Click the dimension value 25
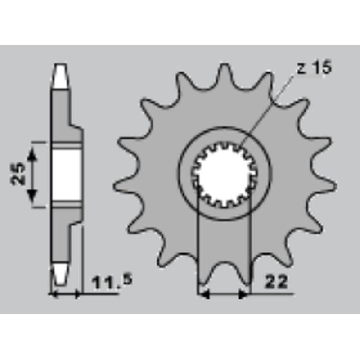coord(18,174)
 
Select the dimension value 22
coord(276,282)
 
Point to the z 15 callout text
coord(314,67)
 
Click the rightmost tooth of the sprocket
coord(326,185)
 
